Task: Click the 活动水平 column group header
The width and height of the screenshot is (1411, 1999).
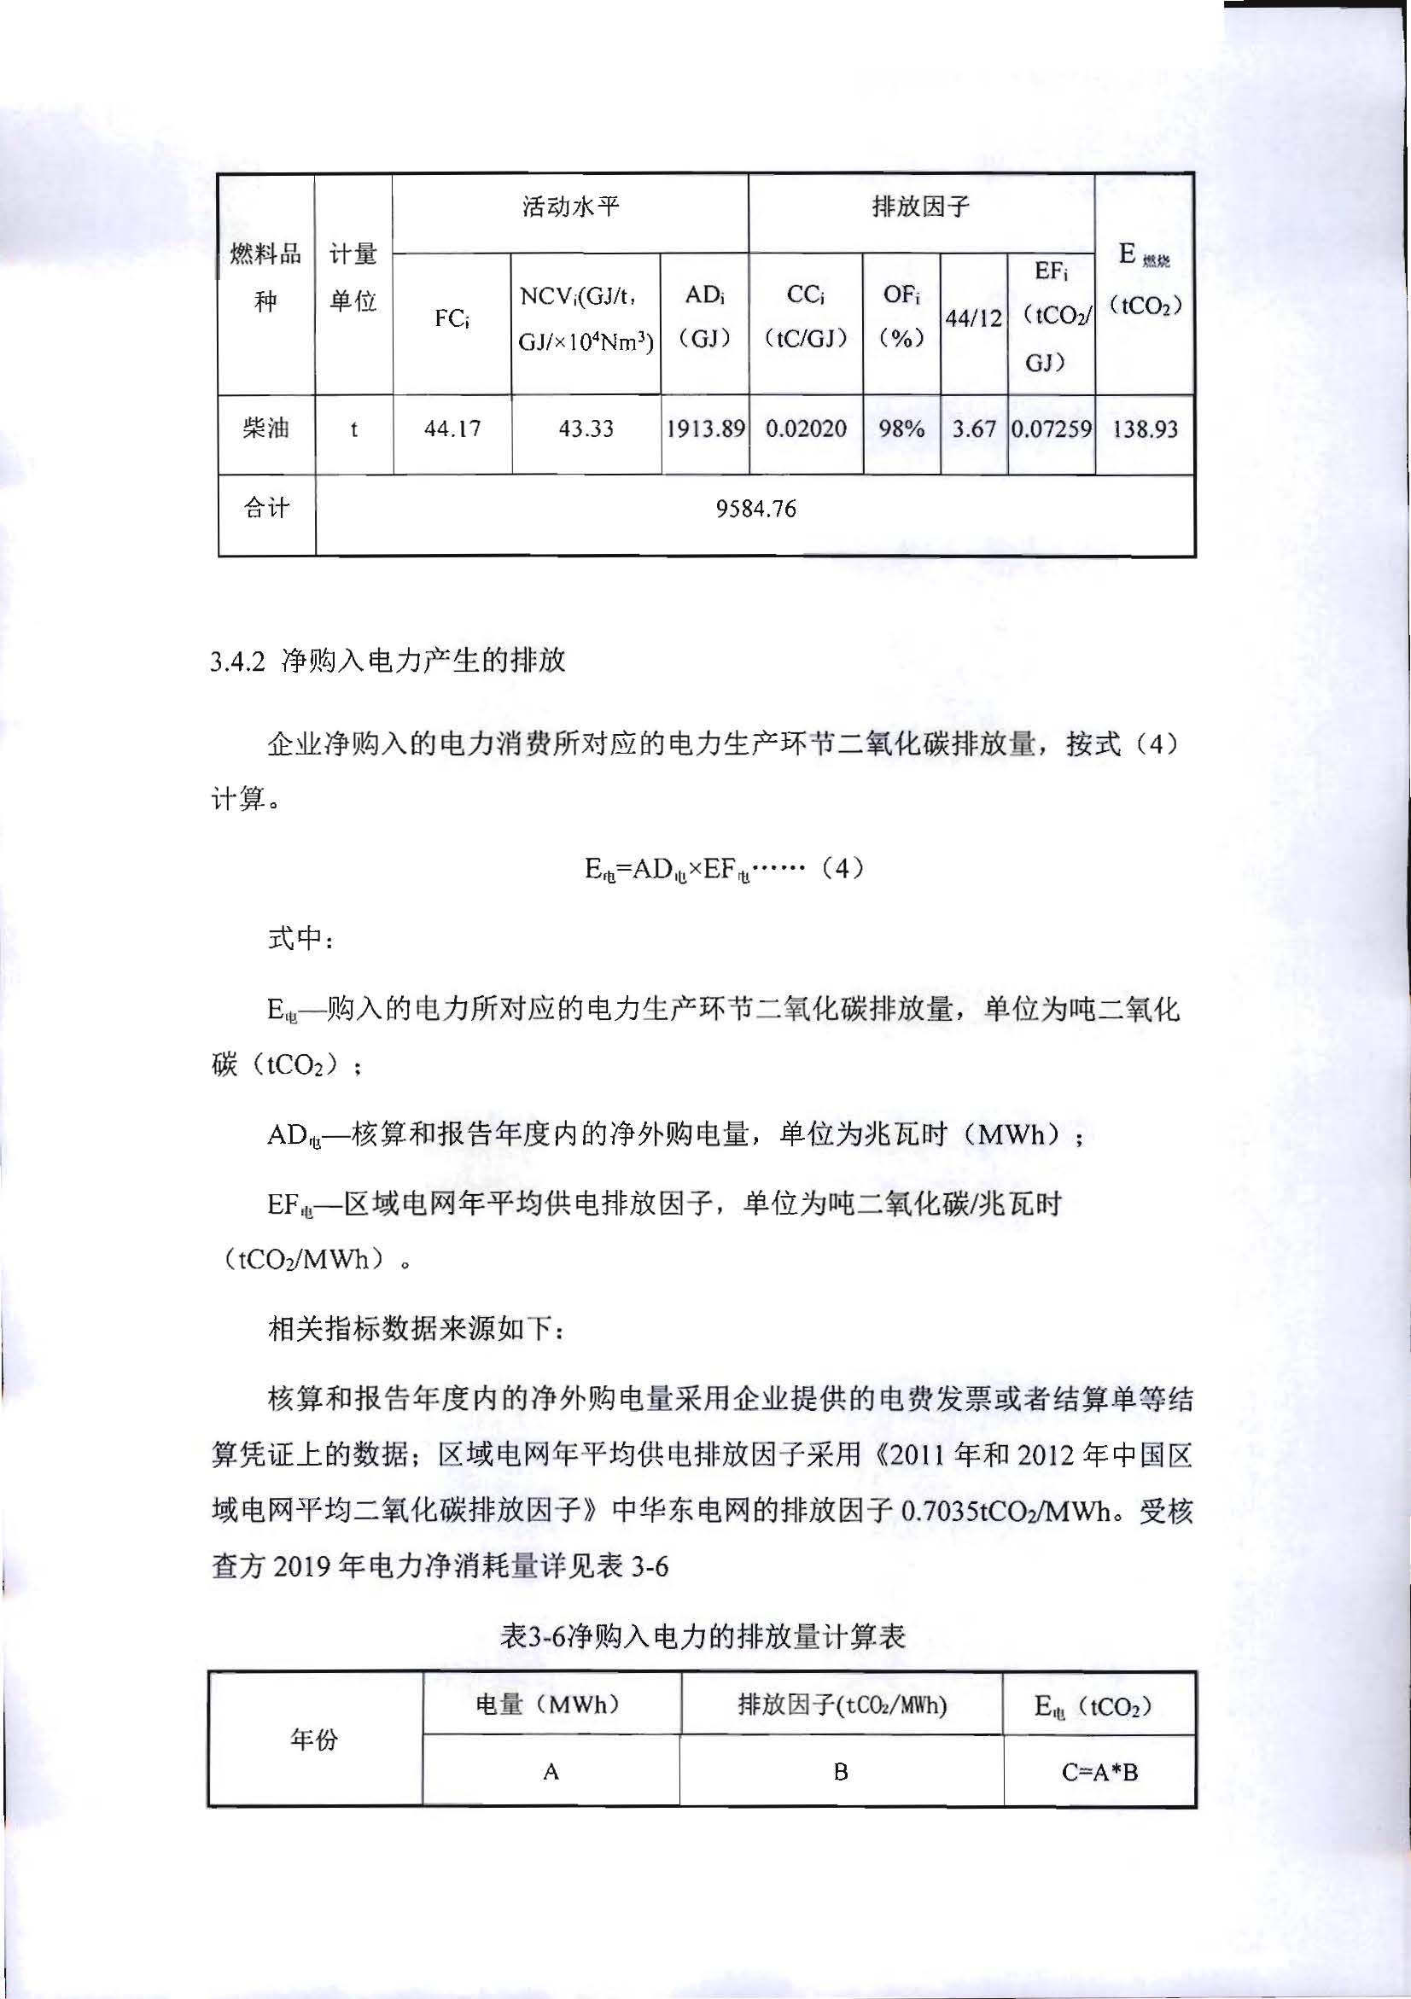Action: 570,207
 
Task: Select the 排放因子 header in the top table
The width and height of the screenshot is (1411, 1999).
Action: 920,207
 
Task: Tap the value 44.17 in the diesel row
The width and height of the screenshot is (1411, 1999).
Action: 452,428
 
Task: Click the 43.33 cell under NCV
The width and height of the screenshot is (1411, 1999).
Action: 586,428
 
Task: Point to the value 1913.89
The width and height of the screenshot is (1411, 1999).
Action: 705,428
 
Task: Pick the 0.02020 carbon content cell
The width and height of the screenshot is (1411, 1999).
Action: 805,428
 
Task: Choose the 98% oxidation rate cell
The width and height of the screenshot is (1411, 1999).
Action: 901,428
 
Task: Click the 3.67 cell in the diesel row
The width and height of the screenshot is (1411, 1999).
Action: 973,428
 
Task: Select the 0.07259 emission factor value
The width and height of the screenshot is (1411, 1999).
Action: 1051,428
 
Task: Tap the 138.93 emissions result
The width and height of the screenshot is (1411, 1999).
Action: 1145,428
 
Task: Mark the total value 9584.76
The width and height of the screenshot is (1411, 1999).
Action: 755,509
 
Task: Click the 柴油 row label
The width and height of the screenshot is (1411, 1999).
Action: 265,428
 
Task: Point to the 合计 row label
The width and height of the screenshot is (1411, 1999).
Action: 265,509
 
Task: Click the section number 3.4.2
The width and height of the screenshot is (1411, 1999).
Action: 236,661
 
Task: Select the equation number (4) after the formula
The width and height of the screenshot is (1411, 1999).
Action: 842,869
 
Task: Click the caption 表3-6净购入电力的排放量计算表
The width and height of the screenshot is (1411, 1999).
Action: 703,1636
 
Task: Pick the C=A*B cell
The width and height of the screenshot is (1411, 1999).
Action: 1099,1772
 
